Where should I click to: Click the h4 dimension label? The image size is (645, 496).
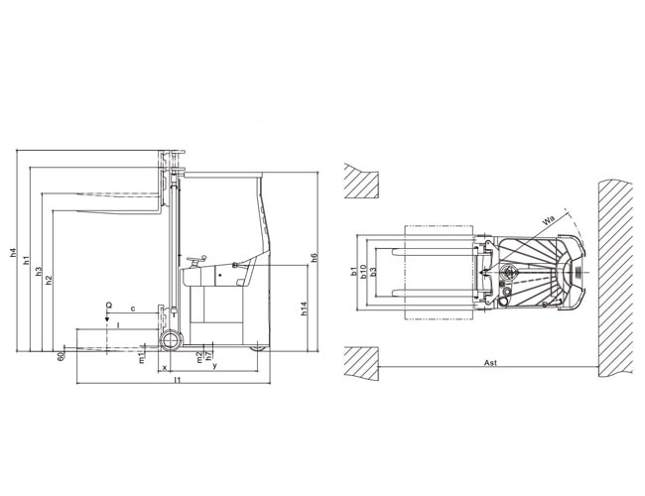pos(13,252)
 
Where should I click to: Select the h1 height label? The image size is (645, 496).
pos(27,260)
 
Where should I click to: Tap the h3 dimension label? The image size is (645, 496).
pos(39,271)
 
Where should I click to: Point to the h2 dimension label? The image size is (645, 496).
pos(49,280)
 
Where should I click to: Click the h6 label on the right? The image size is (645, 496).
pos(315,258)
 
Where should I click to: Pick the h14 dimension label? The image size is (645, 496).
pos(304,309)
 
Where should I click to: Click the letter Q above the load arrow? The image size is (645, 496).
pos(108,306)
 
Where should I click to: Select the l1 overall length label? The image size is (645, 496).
pos(177,380)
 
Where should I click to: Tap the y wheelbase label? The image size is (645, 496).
pos(214,366)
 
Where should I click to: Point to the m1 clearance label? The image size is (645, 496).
pos(142,358)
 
